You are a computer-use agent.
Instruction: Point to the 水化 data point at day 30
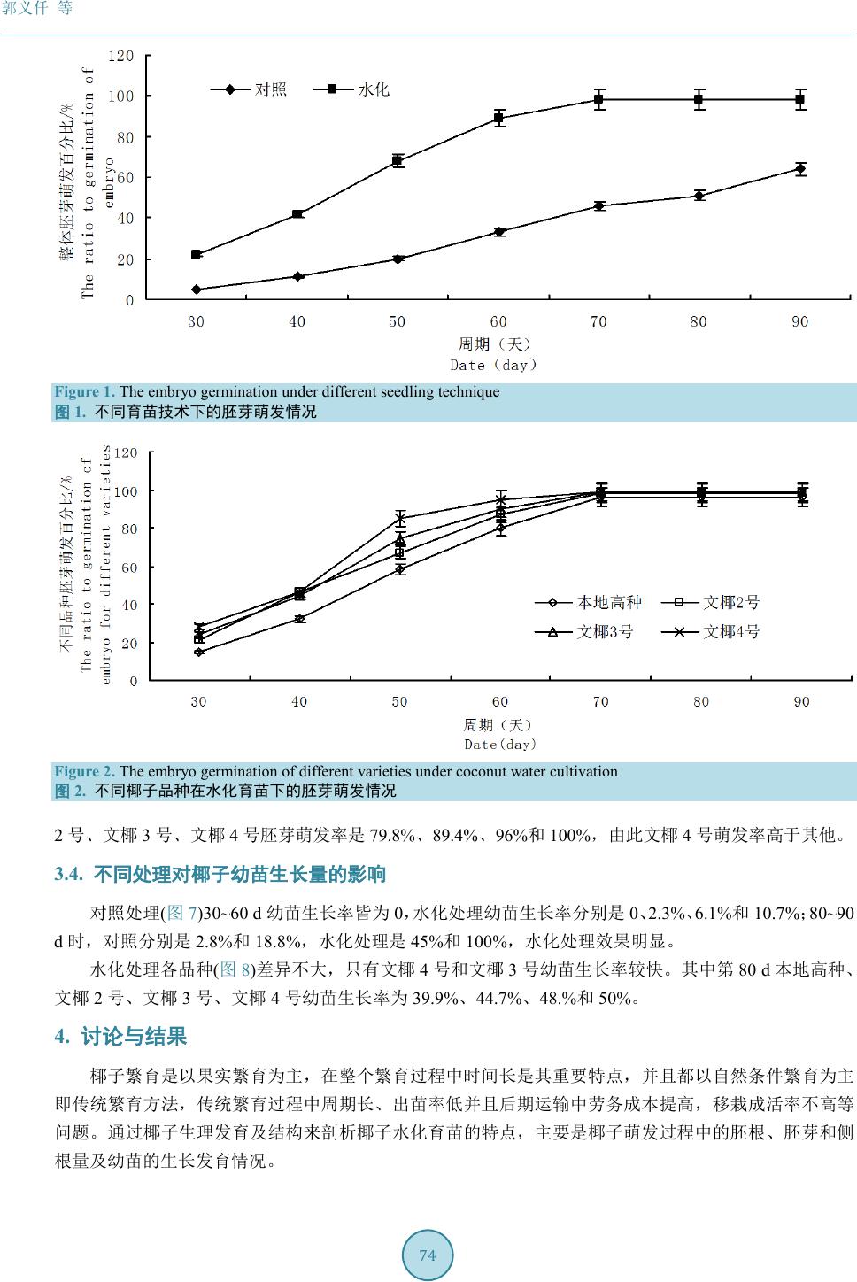pyautogui.click(x=197, y=254)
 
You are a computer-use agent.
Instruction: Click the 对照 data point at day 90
pyautogui.click(x=800, y=168)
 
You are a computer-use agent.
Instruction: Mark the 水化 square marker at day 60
pyautogui.click(x=499, y=118)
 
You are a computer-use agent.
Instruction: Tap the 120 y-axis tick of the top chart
pyautogui.click(x=121, y=56)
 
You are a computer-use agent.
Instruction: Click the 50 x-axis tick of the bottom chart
pyautogui.click(x=399, y=702)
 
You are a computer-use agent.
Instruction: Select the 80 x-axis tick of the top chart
pyautogui.click(x=699, y=322)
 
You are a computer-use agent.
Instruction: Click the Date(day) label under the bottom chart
pyautogui.click(x=500, y=745)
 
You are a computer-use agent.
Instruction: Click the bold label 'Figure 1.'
pyautogui.click(x=85, y=392)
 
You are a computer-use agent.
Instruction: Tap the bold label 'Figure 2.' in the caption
pyautogui.click(x=85, y=772)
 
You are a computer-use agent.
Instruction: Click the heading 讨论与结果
pyautogui.click(x=134, y=1037)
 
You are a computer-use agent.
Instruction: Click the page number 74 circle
pyautogui.click(x=428, y=1255)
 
